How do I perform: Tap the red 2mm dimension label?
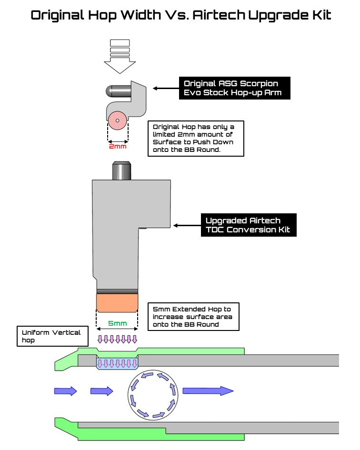coord(118,147)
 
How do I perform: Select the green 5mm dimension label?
coord(117,324)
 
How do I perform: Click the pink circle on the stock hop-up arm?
coord(117,121)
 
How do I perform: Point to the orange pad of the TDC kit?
coord(117,301)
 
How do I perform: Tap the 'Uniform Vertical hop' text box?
coord(52,336)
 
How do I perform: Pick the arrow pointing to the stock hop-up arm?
coord(164,88)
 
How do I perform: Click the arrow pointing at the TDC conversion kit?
coord(187,225)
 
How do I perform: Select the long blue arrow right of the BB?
coord(208,391)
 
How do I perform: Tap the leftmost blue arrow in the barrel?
coord(65,391)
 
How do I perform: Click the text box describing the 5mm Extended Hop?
coord(193,317)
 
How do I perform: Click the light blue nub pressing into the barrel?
coord(117,364)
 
